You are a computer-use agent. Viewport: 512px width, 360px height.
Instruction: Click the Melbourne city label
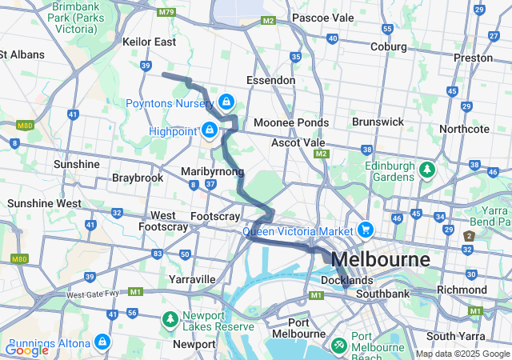point(380,259)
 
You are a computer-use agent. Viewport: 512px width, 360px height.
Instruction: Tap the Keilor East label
point(149,41)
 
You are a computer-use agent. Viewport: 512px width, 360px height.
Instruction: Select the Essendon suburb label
point(270,81)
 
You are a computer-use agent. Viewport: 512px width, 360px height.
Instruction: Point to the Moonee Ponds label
point(290,122)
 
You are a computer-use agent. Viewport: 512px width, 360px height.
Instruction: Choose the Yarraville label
point(192,279)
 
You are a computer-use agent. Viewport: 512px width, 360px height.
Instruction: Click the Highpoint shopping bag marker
point(210,130)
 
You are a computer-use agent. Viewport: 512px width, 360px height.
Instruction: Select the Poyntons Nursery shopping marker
point(226,102)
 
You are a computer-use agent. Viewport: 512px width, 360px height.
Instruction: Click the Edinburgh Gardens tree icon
point(428,170)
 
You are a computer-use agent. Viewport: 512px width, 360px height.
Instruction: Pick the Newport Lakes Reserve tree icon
point(170,319)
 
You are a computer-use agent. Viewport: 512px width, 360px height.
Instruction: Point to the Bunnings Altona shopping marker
point(102,343)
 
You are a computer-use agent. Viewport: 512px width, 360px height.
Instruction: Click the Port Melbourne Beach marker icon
point(339,346)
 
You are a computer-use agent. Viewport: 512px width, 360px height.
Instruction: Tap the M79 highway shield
point(166,12)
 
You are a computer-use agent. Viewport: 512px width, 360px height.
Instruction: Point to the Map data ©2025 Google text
point(462,354)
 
